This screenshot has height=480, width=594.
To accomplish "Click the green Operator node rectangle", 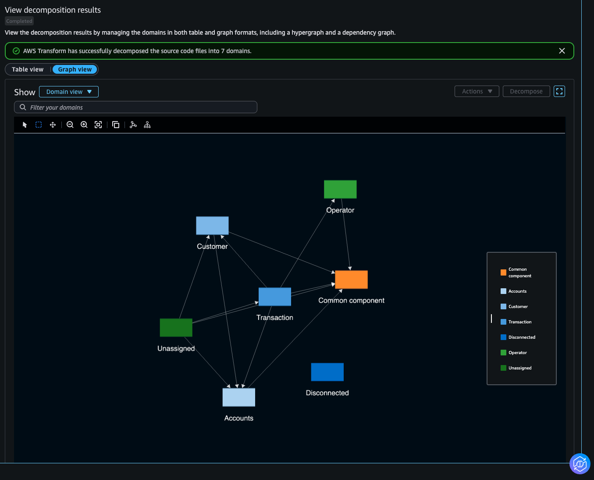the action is [340, 189].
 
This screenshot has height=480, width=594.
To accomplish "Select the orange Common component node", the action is [351, 279].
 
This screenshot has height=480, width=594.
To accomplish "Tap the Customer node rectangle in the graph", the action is [212, 226].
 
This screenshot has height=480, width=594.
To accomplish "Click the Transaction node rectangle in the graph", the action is [275, 297].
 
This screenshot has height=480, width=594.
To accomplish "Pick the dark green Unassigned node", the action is [176, 327].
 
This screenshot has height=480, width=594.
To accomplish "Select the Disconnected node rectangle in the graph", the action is [327, 372].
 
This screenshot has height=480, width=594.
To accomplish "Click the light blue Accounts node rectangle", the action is [239, 397].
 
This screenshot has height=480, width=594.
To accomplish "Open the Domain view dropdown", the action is [68, 92].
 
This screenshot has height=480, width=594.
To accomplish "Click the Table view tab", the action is [28, 69].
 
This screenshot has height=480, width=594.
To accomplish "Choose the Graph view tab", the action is [75, 69].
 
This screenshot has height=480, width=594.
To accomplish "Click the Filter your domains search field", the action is [135, 107].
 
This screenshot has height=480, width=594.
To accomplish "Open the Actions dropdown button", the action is [477, 91].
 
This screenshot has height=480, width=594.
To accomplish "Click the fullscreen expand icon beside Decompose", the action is [559, 91].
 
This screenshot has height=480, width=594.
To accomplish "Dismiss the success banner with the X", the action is [562, 51].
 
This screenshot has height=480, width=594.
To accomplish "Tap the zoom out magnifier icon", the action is [70, 125].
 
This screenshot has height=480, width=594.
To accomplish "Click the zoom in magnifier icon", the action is [84, 125].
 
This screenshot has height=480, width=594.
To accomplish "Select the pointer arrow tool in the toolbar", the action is [25, 125].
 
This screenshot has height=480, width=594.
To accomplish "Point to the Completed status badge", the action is [19, 21].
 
